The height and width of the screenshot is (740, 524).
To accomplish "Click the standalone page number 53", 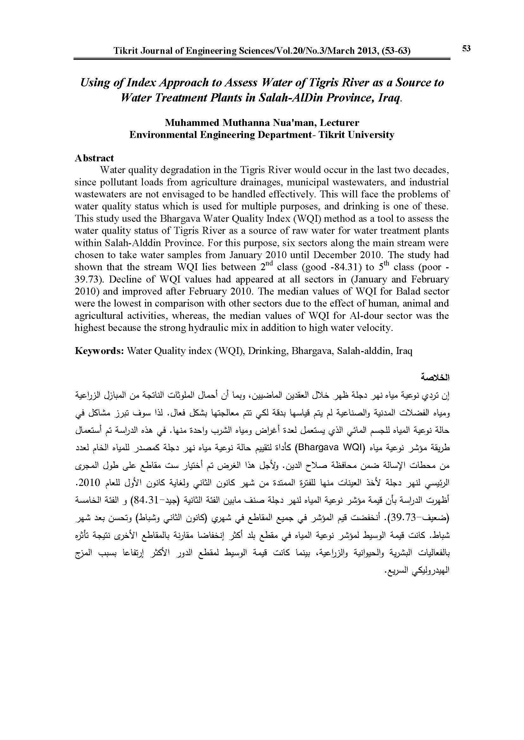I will (466, 49).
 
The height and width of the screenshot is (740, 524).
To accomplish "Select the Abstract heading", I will (94, 158).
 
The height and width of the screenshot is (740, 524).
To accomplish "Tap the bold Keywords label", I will (99, 351).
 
